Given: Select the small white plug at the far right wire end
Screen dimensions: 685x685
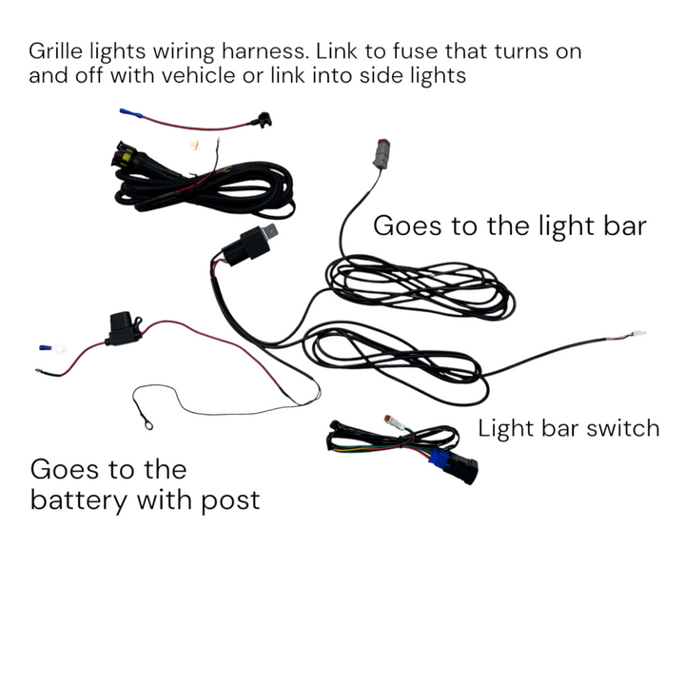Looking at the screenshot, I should click(x=636, y=334).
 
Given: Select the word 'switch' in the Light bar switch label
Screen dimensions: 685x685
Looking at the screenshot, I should click(x=621, y=428).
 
